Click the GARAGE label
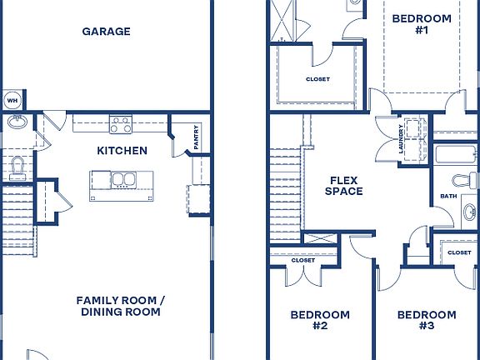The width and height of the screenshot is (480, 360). (106, 32)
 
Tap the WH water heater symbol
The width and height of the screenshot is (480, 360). (12, 101)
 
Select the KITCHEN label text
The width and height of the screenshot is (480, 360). (122, 151)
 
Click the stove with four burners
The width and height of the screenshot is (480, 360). (121, 125)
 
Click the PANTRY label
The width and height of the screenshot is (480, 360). (196, 139)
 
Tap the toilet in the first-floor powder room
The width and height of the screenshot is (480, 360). (17, 167)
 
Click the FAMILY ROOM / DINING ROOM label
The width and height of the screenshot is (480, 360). (120, 306)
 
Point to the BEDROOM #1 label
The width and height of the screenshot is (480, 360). (421, 24)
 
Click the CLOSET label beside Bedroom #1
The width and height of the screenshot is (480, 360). (317, 79)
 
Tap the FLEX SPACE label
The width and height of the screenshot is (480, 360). (344, 185)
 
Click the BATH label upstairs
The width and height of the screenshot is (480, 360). (448, 197)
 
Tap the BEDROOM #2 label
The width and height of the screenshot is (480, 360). (319, 320)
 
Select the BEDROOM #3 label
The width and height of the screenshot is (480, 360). (426, 320)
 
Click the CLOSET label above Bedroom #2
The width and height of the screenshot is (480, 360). (302, 260)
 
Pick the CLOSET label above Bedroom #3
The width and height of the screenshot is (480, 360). (459, 252)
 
